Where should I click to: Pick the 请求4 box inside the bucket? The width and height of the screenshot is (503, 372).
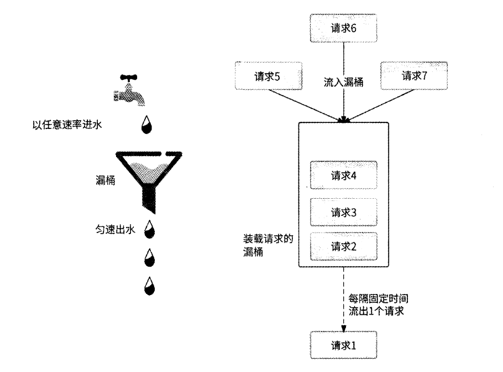(x=343, y=175)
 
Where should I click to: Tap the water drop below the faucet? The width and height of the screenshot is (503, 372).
(x=147, y=125)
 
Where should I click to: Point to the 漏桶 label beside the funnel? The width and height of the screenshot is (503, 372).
(x=104, y=181)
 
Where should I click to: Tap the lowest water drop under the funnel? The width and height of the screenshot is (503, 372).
(x=149, y=286)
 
